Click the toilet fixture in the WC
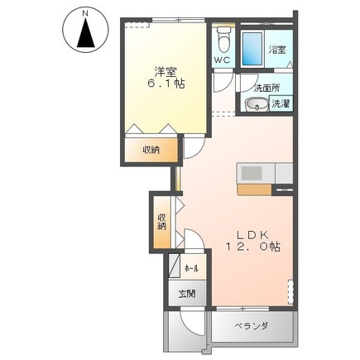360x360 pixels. (222, 38)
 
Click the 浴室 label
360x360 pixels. (276, 50)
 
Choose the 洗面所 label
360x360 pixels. (266, 89)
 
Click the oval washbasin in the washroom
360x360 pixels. (256, 104)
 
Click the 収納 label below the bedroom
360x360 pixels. (150, 150)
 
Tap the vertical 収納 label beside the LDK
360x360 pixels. (161, 221)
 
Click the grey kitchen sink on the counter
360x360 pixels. (250, 173)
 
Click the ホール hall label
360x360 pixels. (190, 268)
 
